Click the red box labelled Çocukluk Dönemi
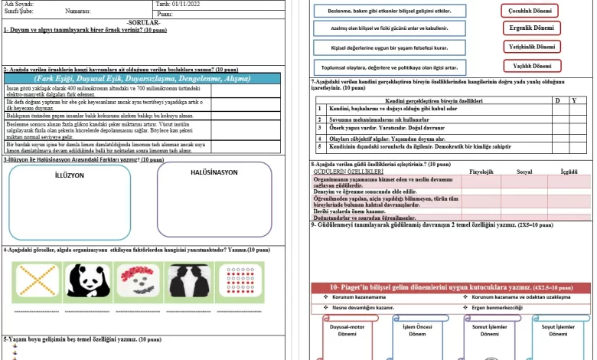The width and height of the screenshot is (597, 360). click(x=530, y=11)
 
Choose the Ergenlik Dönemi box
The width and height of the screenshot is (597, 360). click(x=530, y=29)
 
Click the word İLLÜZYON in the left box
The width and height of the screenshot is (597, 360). click(x=70, y=175)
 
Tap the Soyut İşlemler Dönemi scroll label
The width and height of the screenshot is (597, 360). click(x=559, y=330)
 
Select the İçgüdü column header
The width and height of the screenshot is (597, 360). click(x=569, y=172)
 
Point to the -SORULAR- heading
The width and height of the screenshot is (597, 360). click(x=143, y=22)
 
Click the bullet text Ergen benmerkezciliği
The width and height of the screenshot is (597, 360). click(x=497, y=307)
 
